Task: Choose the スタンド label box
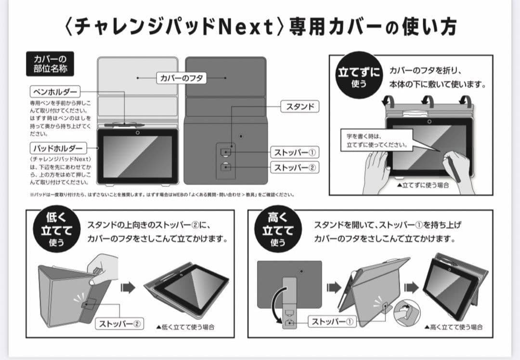tap(300, 107)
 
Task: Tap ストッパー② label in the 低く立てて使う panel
tap(120, 323)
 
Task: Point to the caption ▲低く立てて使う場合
tap(185, 327)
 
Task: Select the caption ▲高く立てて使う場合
tap(454, 327)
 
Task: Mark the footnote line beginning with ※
tap(161, 195)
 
